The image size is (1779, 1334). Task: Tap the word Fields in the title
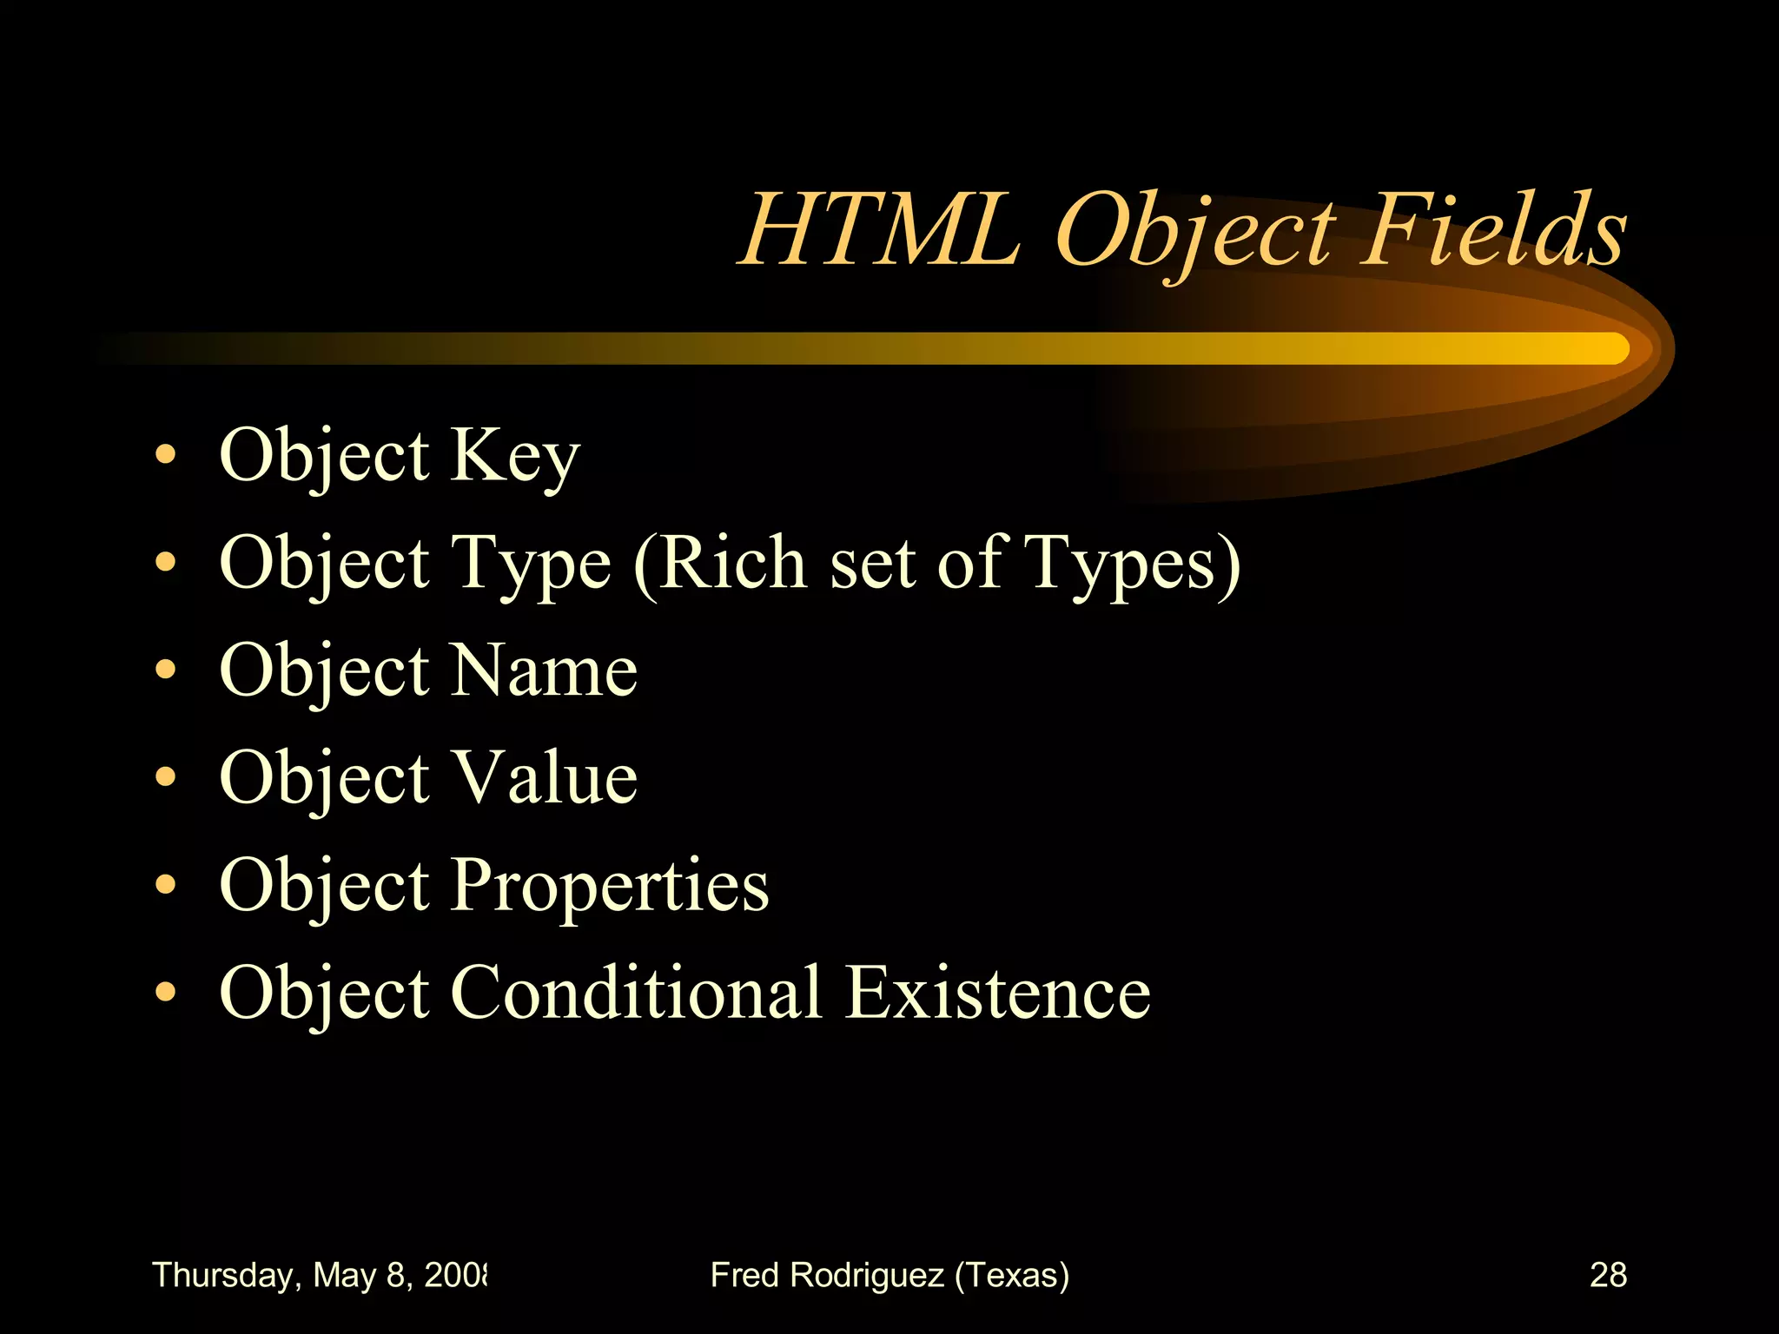(1492, 230)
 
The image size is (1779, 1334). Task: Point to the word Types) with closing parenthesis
(1133, 565)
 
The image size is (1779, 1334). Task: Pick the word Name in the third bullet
(544, 670)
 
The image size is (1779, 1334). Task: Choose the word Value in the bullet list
(546, 777)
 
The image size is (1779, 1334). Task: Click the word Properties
(609, 886)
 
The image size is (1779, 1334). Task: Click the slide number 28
(1608, 1275)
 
